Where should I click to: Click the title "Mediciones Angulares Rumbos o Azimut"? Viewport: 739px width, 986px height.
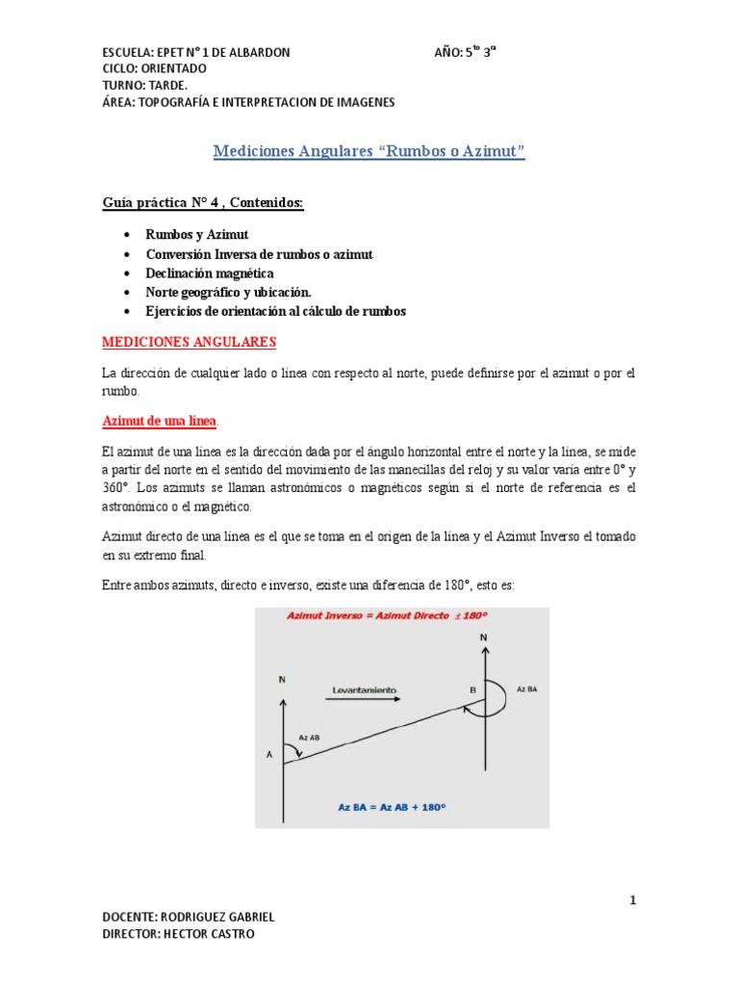(x=369, y=152)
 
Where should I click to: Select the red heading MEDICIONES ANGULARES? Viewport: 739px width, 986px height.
(x=189, y=342)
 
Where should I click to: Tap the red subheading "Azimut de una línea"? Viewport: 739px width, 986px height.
(x=161, y=421)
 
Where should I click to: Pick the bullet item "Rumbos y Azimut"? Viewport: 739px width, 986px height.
(x=196, y=235)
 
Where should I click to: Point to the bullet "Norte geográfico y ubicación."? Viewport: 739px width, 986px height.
(x=229, y=292)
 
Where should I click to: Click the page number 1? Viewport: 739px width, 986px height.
(x=633, y=899)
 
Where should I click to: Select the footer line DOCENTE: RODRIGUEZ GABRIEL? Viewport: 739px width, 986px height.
(x=188, y=917)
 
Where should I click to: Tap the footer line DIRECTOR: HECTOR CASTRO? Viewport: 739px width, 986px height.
(x=179, y=934)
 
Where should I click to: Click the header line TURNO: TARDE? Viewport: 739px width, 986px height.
(x=145, y=86)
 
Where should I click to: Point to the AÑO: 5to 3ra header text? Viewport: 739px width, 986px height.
(x=465, y=52)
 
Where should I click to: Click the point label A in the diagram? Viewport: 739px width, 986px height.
(x=268, y=755)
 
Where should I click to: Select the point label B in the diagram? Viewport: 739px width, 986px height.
(x=471, y=690)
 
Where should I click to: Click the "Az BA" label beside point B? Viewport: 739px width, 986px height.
(x=527, y=689)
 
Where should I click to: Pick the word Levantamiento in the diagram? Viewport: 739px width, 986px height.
(x=364, y=689)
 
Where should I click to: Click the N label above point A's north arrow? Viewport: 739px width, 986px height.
(x=282, y=679)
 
